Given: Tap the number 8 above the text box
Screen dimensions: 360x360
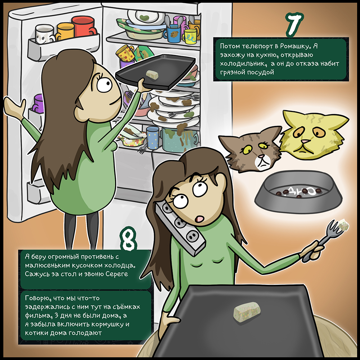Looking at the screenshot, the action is point(128,238).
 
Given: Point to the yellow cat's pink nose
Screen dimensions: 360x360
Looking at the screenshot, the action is point(305,141).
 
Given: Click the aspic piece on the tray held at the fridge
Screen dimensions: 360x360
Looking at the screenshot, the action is point(152,74).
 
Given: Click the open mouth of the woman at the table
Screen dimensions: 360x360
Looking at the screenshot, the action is point(199,219).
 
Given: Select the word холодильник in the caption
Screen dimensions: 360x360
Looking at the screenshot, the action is point(243,63).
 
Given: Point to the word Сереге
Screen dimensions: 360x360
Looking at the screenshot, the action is point(117,274).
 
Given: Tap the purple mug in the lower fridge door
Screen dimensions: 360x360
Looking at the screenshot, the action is point(39,104).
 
